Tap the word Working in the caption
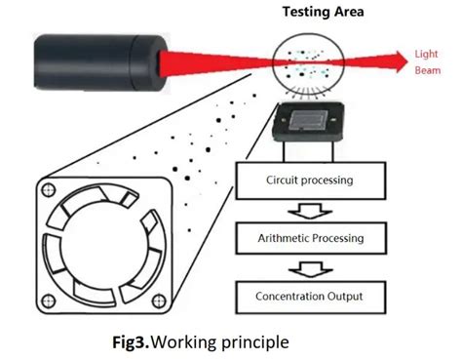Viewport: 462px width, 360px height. [x=204, y=342]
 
